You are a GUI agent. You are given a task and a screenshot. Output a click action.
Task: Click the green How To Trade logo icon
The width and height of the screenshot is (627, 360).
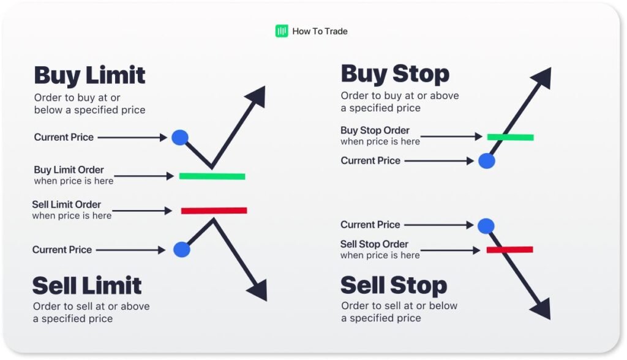pyautogui.click(x=282, y=31)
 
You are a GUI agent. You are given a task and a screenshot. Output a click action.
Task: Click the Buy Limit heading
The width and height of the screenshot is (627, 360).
pyautogui.click(x=89, y=75)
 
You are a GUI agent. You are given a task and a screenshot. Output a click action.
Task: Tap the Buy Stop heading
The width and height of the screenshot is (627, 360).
pyautogui.click(x=395, y=74)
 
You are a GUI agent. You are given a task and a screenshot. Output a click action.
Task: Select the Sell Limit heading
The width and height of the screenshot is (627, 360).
pyautogui.click(x=87, y=285)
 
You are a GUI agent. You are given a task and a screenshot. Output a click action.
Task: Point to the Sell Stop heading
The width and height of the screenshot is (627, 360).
pyautogui.click(x=394, y=285)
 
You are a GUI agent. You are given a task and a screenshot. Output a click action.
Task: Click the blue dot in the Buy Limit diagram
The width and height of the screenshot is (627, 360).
pyautogui.click(x=180, y=138)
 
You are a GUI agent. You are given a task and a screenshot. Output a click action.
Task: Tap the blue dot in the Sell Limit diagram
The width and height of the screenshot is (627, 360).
pyautogui.click(x=181, y=249)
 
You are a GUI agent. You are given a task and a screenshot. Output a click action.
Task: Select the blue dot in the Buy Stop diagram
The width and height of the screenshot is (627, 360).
pyautogui.click(x=487, y=161)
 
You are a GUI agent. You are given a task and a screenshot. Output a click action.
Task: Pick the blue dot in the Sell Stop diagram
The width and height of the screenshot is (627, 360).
pyautogui.click(x=486, y=226)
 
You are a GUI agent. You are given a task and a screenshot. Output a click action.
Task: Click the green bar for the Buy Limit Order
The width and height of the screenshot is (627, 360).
pyautogui.click(x=212, y=176)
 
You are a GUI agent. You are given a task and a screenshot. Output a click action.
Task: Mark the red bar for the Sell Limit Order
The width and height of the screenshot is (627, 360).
pyautogui.click(x=214, y=211)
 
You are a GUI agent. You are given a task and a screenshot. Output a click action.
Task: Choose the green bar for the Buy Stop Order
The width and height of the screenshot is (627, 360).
pyautogui.click(x=510, y=137)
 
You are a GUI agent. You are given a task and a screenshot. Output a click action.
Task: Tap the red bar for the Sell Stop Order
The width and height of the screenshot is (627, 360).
pyautogui.click(x=510, y=250)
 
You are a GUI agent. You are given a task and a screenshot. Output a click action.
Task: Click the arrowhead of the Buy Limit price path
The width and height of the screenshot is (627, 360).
pyautogui.click(x=257, y=96)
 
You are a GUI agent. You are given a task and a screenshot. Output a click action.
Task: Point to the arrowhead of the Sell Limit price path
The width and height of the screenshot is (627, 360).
pyautogui.click(x=258, y=290)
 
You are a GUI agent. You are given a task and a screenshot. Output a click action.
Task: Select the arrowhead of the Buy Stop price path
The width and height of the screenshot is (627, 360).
pyautogui.click(x=543, y=78)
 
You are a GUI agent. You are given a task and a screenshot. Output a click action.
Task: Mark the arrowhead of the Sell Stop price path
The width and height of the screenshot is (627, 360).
pyautogui.click(x=542, y=309)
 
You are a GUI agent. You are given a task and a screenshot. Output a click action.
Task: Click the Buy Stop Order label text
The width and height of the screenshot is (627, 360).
pyautogui.click(x=375, y=130)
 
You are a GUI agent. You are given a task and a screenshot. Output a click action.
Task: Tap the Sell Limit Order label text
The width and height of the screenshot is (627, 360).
pyautogui.click(x=66, y=204)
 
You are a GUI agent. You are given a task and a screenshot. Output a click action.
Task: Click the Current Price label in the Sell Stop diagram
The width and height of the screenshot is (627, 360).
pyautogui.click(x=370, y=225)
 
